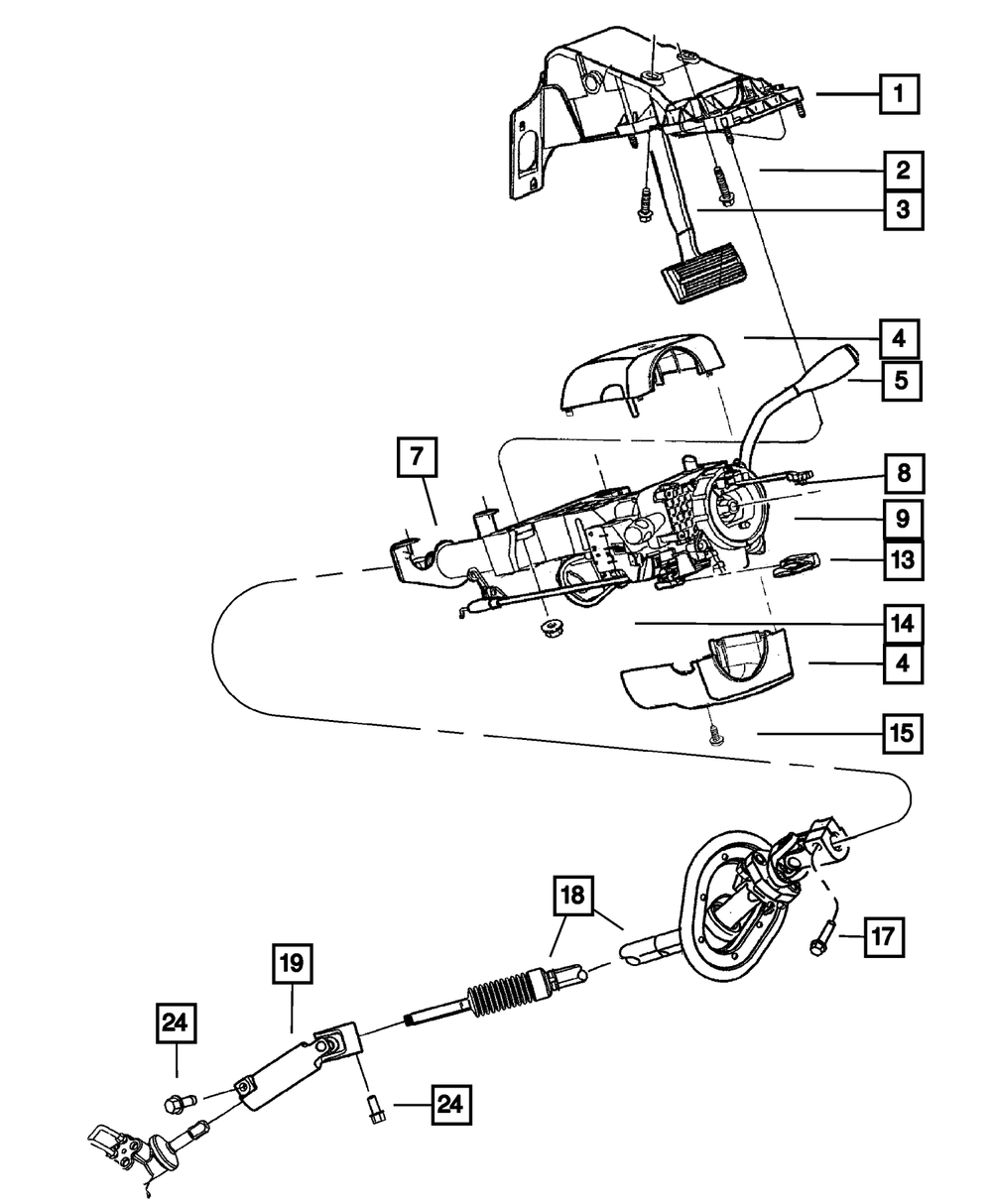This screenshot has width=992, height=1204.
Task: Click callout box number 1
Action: [899, 96]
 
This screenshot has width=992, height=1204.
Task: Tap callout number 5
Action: [899, 380]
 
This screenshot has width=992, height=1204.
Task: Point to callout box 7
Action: [417, 458]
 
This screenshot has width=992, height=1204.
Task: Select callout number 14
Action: [902, 624]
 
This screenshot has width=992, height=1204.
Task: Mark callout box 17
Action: [883, 934]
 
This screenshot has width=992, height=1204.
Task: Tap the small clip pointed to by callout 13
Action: [796, 564]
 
